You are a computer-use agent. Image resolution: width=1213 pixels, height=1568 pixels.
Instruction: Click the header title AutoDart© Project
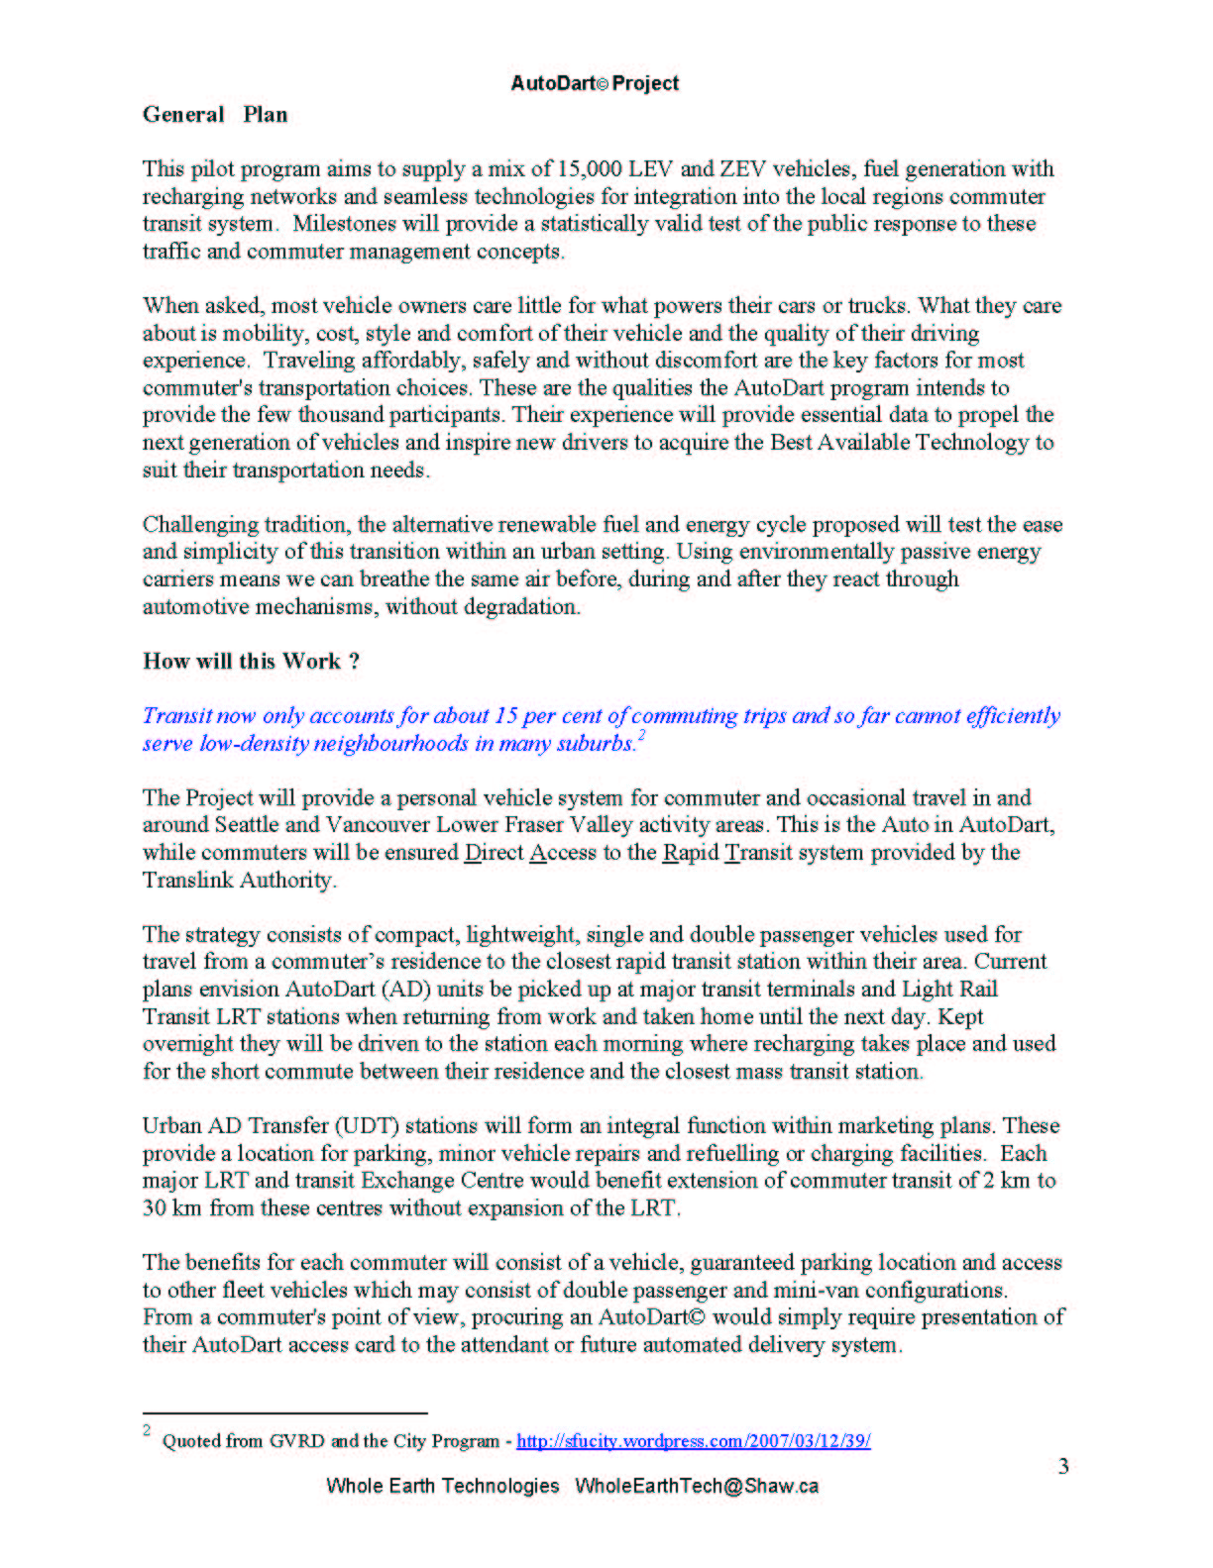coord(595,83)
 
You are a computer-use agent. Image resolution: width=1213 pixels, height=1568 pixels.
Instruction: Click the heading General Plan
coord(215,115)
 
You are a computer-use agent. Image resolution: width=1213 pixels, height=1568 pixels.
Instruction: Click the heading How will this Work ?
coord(251,662)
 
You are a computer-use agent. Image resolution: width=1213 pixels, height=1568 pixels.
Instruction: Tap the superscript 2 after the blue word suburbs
coord(642,736)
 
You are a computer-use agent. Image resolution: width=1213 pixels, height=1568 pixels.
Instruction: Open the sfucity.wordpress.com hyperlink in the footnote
coord(693,1441)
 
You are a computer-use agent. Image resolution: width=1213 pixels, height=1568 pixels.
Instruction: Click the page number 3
coord(1063,1467)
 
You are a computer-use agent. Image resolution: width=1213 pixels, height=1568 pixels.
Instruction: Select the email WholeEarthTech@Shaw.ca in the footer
coord(697,1486)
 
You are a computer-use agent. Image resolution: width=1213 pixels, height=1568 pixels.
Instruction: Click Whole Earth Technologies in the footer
coord(443,1486)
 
